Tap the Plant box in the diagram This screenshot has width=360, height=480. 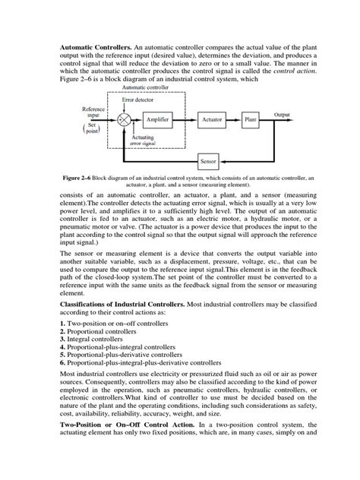click(251, 120)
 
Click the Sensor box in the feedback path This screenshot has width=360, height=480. click(208, 161)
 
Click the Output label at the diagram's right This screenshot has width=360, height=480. click(282, 114)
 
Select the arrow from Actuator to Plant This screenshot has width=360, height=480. click(235, 120)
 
